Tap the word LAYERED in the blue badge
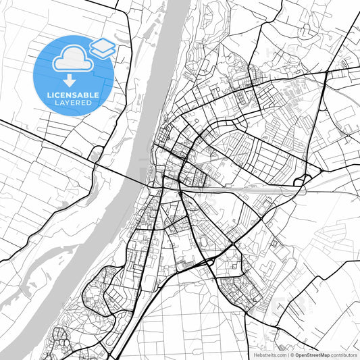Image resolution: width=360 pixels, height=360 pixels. click(x=75, y=103)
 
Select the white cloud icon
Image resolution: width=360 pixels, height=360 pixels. click(x=72, y=59)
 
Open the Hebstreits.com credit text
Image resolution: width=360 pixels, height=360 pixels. click(x=269, y=354)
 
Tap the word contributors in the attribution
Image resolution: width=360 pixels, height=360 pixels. click(x=343, y=354)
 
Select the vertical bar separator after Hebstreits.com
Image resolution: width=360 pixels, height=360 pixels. click(x=286, y=354)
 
